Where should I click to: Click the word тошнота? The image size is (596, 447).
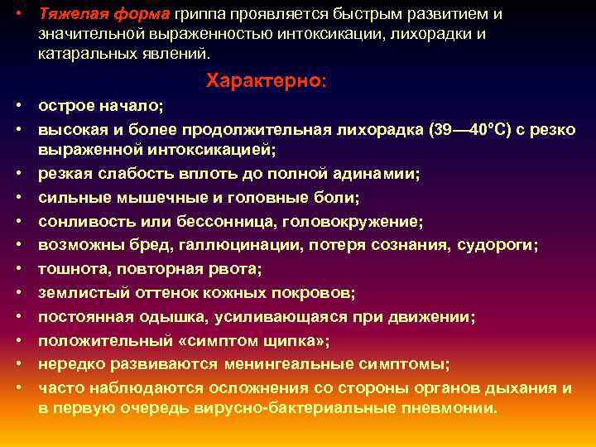70,270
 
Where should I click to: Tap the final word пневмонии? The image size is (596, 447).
452,408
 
